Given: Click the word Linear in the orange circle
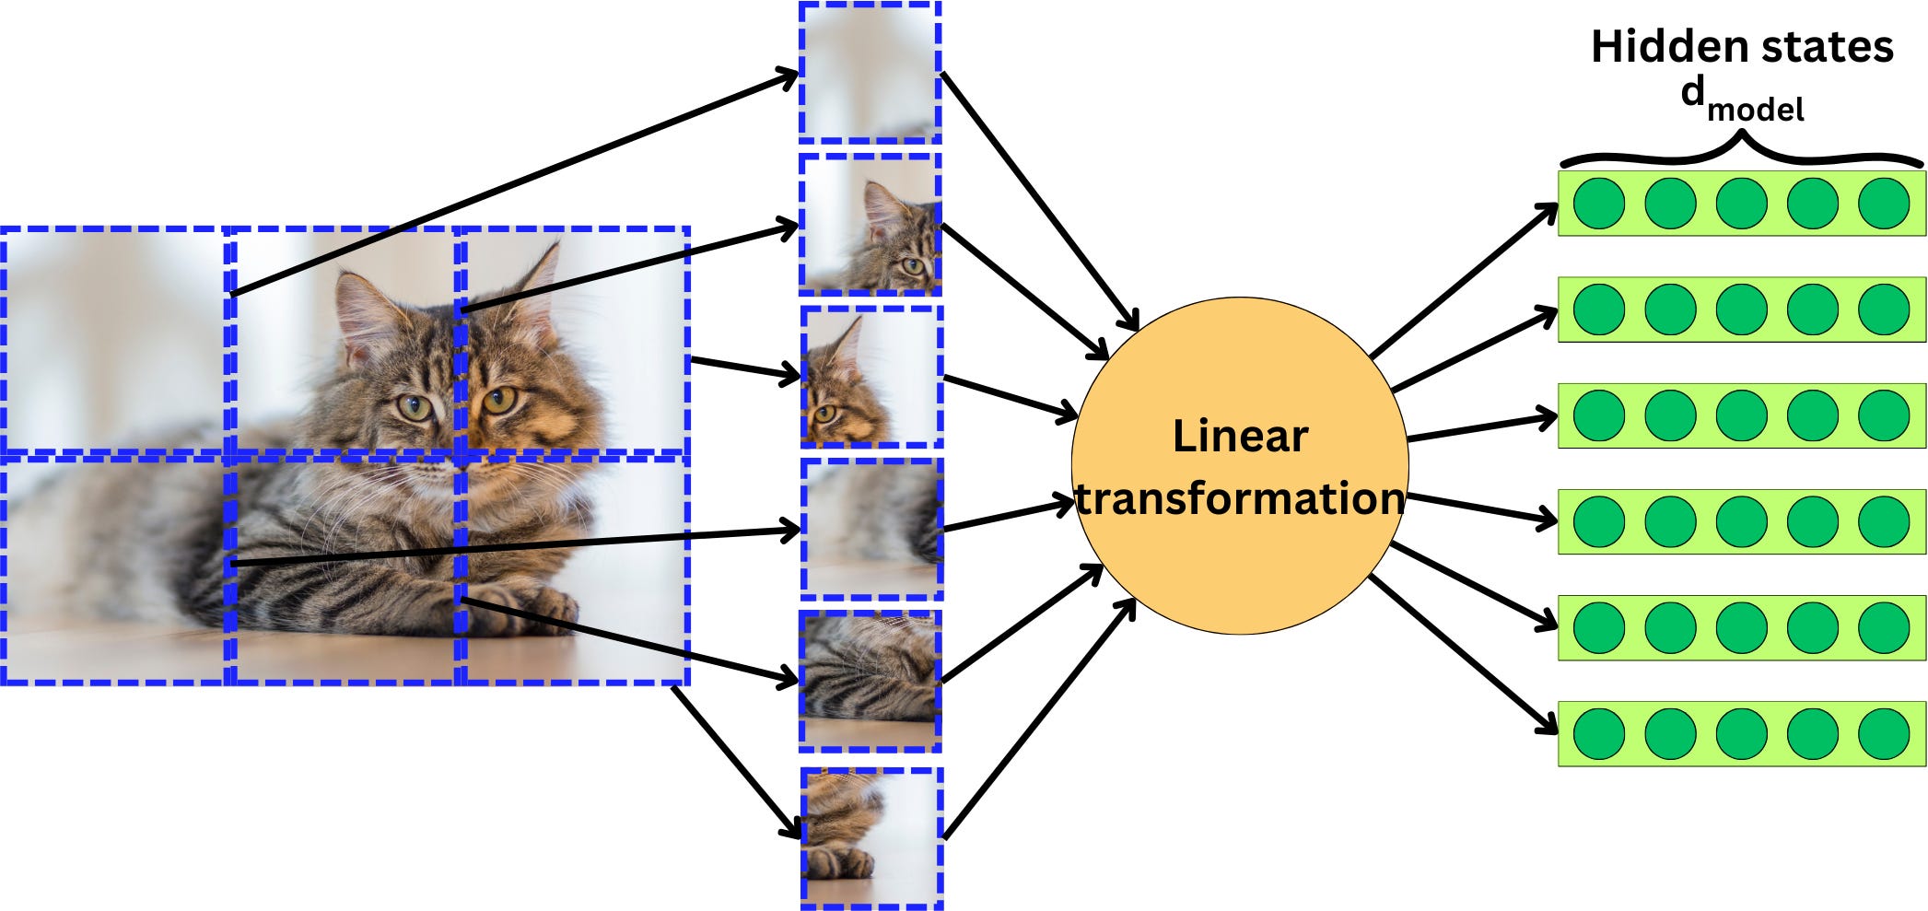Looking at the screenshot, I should click(x=1240, y=437).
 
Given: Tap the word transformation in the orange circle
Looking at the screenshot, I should click(x=1240, y=499).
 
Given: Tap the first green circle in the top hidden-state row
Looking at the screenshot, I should click(x=1598, y=204).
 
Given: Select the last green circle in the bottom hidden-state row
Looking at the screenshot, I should click(x=1884, y=733).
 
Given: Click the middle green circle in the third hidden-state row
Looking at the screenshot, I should click(x=1741, y=415).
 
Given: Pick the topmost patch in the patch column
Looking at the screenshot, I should click(x=870, y=73).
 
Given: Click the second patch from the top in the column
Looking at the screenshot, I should click(x=870, y=224).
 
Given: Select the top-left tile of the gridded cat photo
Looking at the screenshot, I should click(x=113, y=340).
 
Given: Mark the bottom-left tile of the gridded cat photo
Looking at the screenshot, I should click(x=113, y=569).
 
